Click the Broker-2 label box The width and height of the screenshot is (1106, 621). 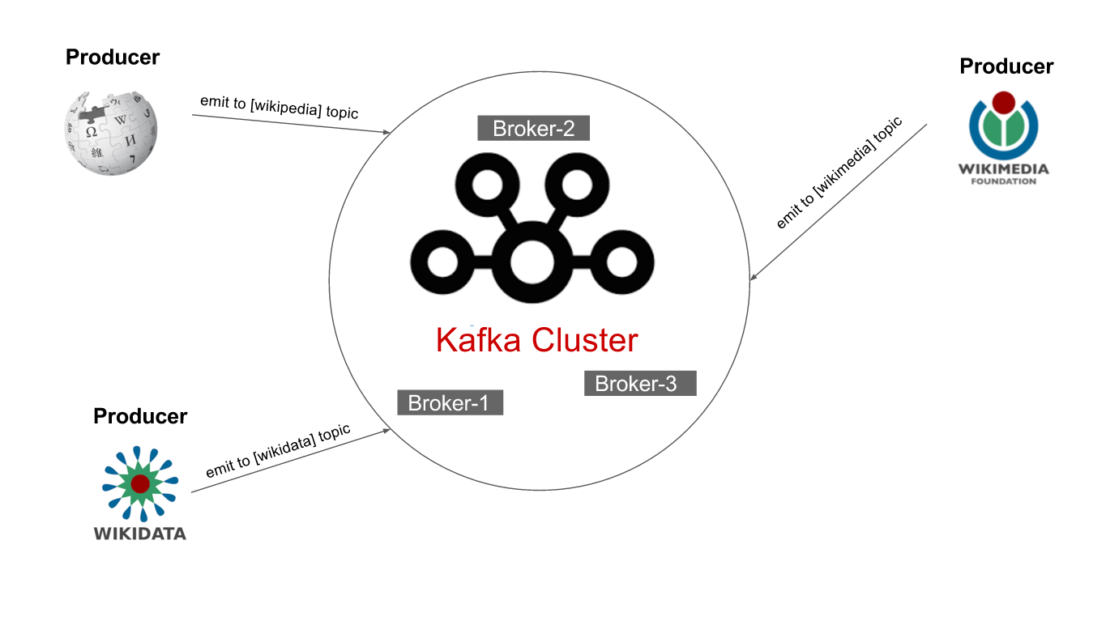(533, 129)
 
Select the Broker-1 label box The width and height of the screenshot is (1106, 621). (450, 402)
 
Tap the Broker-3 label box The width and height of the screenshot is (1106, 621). (639, 383)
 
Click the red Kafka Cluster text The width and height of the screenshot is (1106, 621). (536, 340)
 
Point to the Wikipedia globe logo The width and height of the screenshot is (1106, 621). (111, 131)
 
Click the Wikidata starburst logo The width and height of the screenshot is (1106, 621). (139, 483)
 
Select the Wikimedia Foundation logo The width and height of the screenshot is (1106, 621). (1004, 138)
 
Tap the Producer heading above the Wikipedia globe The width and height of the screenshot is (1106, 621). (113, 57)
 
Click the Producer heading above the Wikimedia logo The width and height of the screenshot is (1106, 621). (1006, 66)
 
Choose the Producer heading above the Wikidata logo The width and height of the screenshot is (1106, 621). (140, 416)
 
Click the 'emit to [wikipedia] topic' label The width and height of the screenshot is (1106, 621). (279, 107)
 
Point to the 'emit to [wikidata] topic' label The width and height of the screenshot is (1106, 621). (278, 450)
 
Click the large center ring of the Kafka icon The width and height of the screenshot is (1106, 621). (532, 262)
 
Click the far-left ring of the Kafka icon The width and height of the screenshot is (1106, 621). (442, 262)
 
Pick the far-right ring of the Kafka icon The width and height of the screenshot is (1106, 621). (622, 262)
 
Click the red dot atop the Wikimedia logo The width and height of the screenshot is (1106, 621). (1004, 102)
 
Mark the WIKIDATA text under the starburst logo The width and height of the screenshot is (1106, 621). (139, 534)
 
